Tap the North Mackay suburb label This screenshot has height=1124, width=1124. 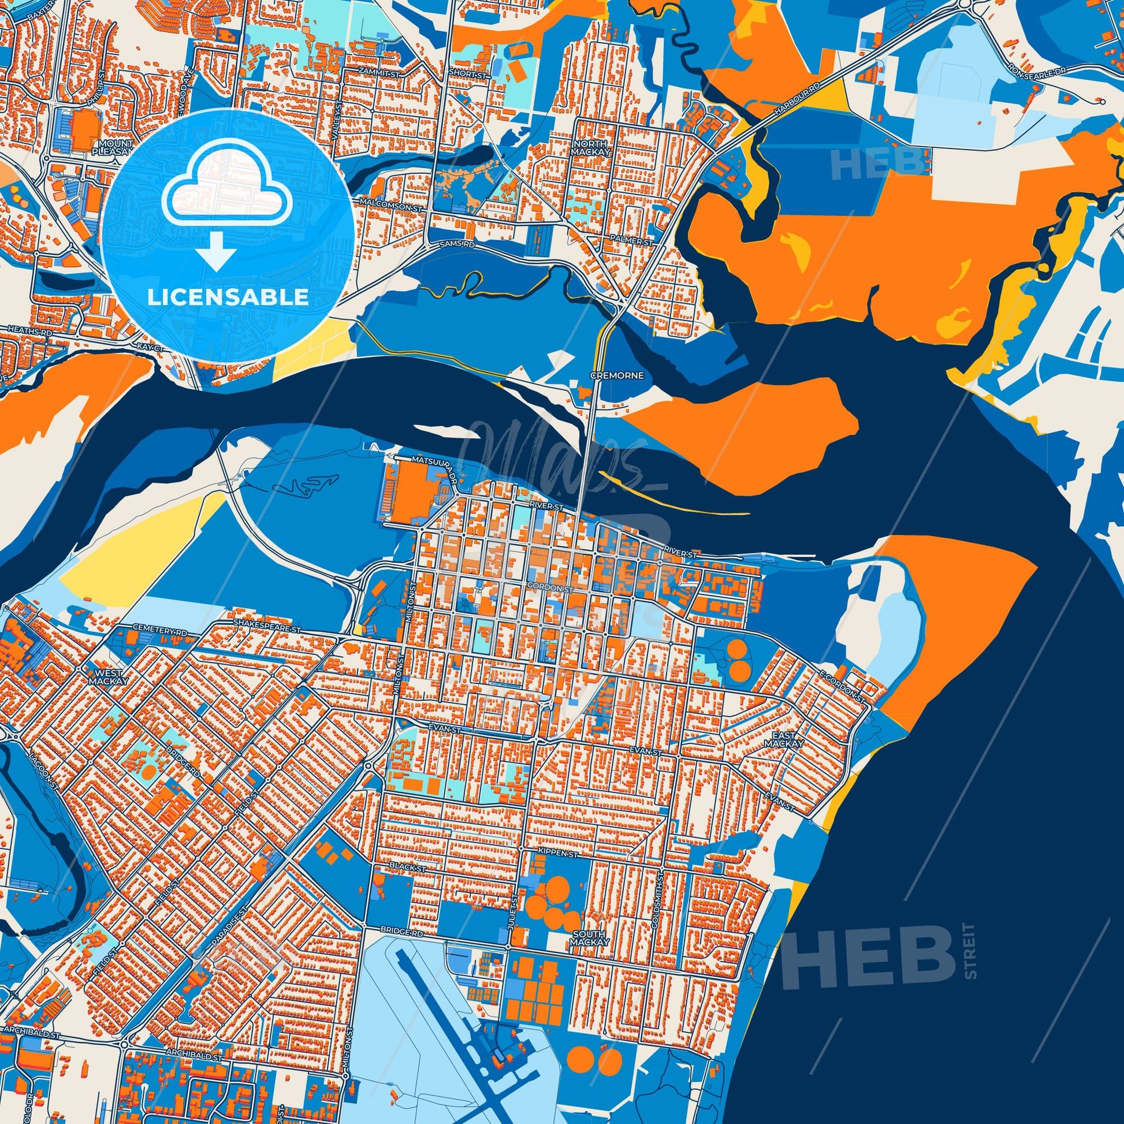589,148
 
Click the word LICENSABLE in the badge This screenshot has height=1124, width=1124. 228,297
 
